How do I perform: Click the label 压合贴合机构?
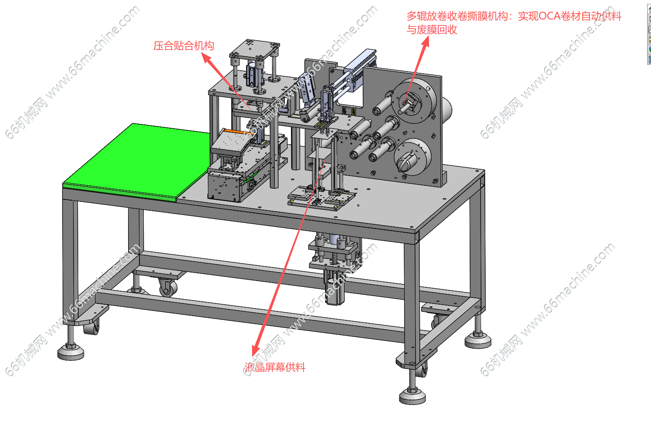[x=183, y=46]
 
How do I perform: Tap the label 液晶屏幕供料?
[x=275, y=367]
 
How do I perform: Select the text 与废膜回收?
[x=432, y=29]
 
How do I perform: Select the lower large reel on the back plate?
[x=413, y=157]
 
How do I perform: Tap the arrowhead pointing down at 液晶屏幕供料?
[x=256, y=350]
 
